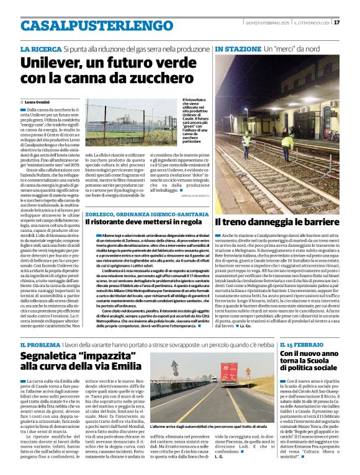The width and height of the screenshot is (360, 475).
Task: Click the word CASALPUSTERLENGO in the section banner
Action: [88, 25]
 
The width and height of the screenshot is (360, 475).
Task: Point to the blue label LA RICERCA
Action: [40, 48]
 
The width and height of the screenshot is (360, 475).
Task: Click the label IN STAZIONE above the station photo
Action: [238, 48]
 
